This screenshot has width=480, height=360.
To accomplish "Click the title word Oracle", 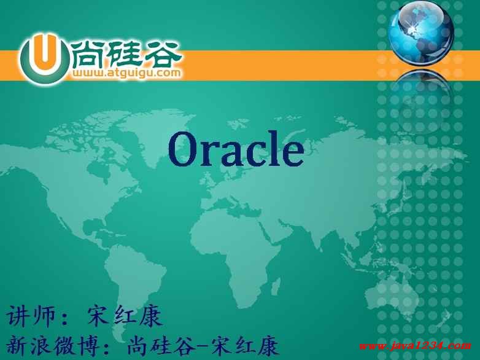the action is click(x=236, y=149).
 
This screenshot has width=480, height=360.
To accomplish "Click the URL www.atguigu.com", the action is click(x=126, y=73).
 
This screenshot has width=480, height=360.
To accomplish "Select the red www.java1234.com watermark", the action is click(x=415, y=346).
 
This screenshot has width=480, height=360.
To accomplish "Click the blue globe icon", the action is click(x=421, y=33).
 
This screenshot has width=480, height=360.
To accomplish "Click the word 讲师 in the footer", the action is click(x=31, y=315).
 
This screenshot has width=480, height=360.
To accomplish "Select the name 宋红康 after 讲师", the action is click(x=125, y=316).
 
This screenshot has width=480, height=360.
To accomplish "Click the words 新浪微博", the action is click(x=54, y=345).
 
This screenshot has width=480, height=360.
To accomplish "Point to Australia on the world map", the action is click(x=391, y=294).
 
